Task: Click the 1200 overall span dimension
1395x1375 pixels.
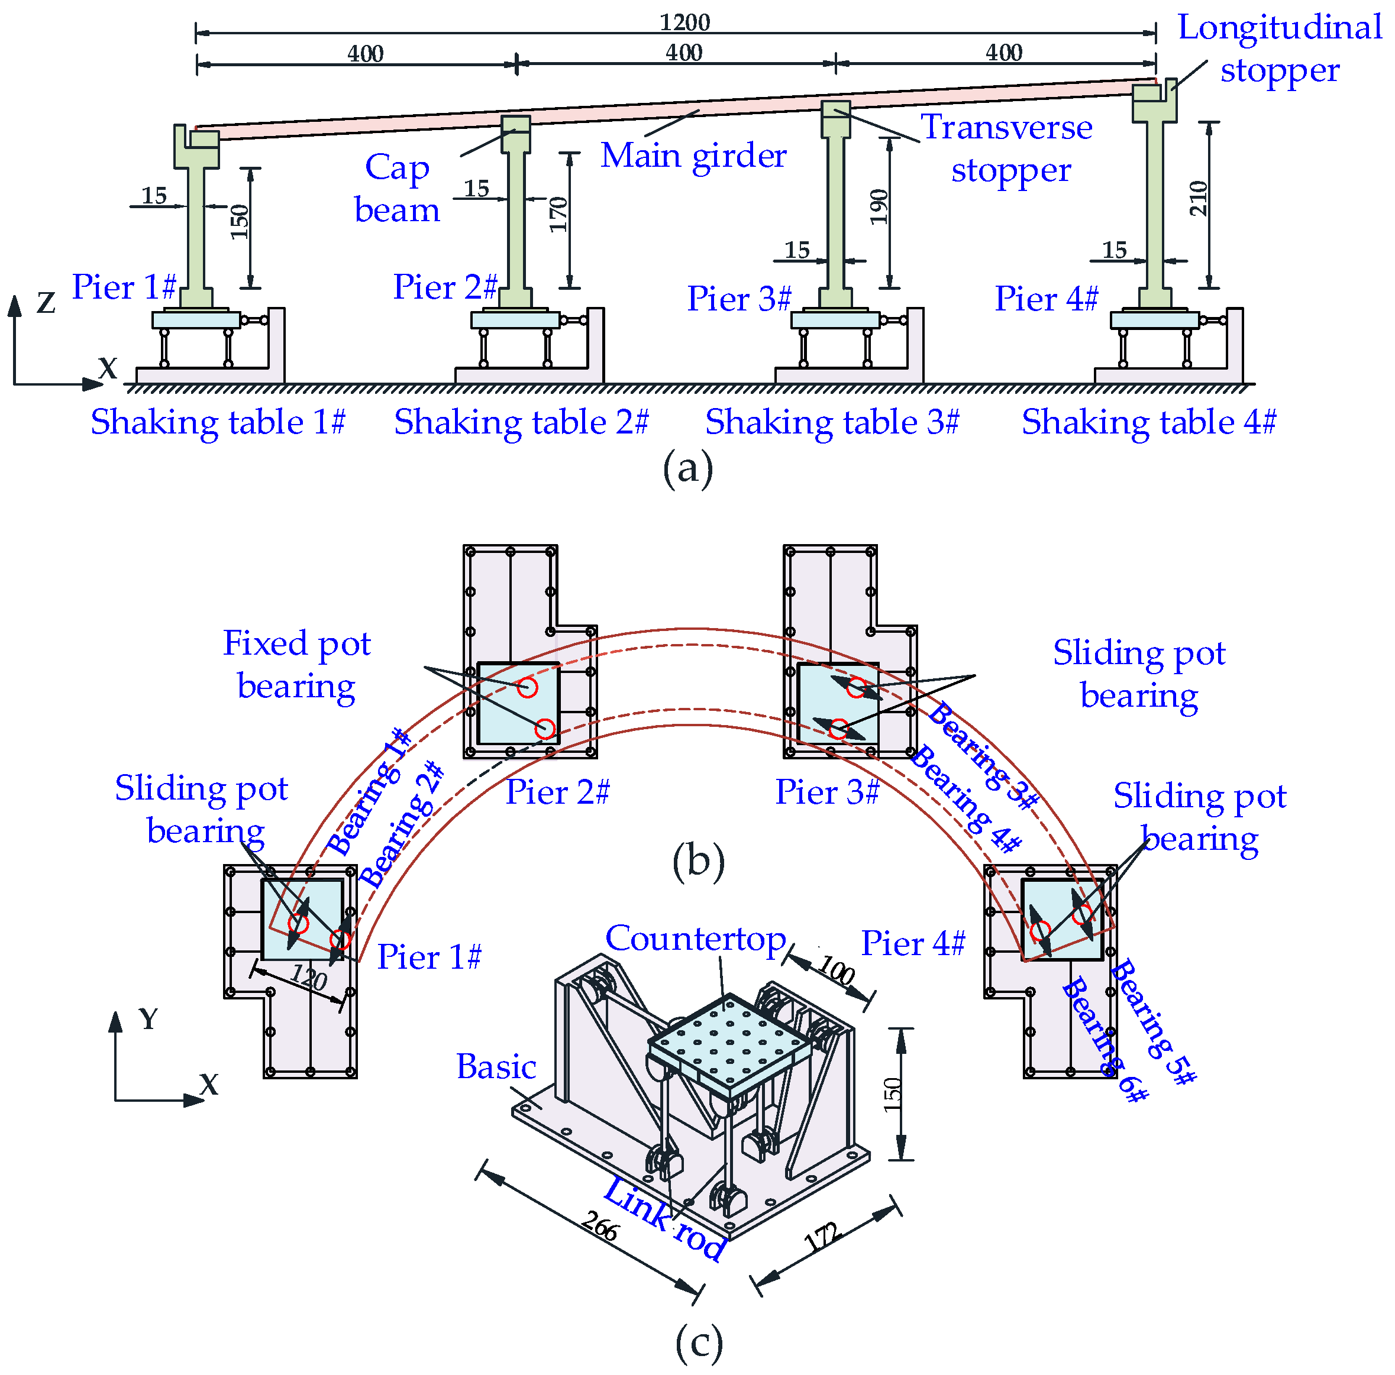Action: [x=684, y=22]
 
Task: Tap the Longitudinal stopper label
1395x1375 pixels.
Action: [x=1279, y=48]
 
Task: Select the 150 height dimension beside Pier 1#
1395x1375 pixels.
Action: [x=239, y=222]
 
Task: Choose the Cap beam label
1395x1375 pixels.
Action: [x=396, y=189]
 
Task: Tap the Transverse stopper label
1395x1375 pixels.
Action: [x=1008, y=148]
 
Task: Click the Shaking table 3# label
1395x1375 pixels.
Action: [x=832, y=422]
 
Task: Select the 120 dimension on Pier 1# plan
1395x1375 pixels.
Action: [x=309, y=978]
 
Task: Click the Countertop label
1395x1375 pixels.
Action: [x=695, y=939]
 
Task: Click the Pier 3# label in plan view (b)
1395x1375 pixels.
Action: [x=826, y=792]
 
